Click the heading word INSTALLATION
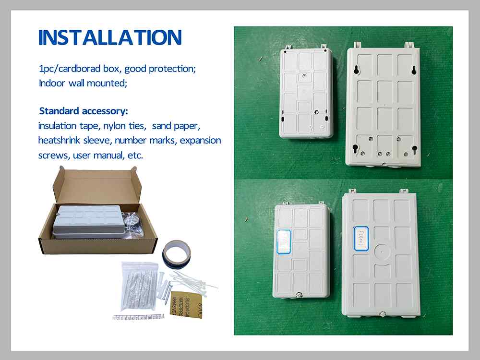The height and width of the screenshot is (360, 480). (110, 37)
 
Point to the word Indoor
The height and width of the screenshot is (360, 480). (52, 83)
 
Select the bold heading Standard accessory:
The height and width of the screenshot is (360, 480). (84, 111)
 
